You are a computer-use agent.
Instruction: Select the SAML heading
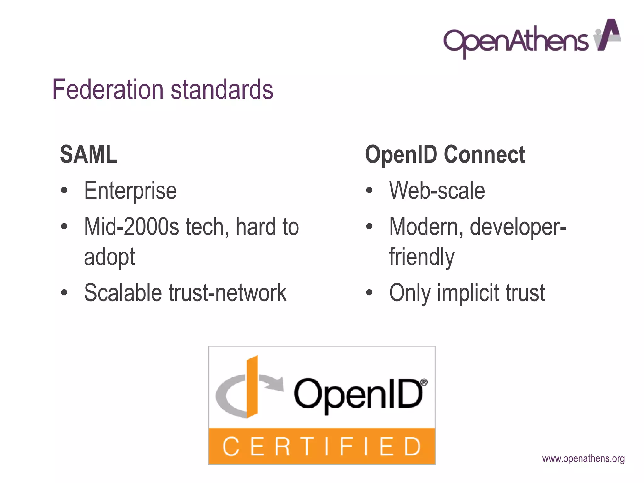click(89, 154)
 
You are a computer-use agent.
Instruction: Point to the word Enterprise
click(130, 191)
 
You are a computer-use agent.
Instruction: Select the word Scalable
click(123, 293)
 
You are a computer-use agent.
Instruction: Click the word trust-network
click(228, 293)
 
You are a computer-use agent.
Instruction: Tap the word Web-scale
click(437, 191)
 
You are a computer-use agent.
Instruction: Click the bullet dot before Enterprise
click(64, 191)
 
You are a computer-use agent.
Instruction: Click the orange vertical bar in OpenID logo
click(252, 387)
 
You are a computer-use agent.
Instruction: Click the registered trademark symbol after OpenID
click(424, 382)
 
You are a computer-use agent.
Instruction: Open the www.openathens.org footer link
click(583, 459)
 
